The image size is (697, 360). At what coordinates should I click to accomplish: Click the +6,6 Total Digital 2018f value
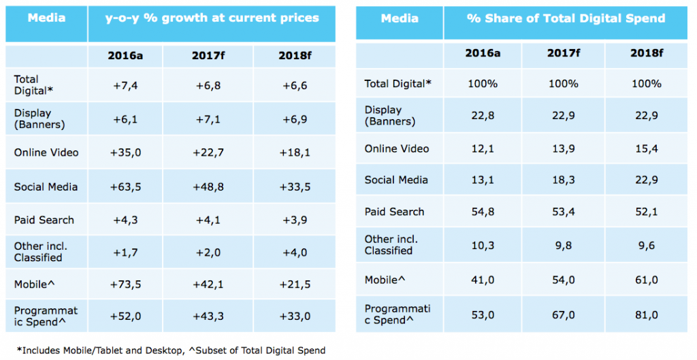click(293, 84)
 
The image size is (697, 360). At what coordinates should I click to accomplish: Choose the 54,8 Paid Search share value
click(481, 212)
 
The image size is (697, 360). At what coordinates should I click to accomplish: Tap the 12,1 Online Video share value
click(481, 148)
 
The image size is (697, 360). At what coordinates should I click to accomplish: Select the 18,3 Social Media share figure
click(564, 180)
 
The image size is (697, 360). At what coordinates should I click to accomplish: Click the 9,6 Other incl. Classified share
click(647, 245)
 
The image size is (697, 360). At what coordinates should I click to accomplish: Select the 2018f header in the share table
click(647, 52)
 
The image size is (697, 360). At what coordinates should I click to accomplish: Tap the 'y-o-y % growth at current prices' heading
click(211, 18)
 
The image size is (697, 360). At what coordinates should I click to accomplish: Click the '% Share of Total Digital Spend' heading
click(566, 18)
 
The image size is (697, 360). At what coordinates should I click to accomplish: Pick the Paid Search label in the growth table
click(44, 220)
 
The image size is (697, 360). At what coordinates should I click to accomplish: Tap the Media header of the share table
click(400, 18)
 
